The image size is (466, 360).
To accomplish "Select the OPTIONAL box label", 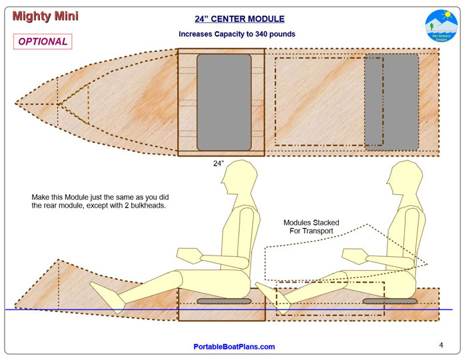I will pos(43,41).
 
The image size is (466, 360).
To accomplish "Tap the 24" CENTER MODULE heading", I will pos(239,19).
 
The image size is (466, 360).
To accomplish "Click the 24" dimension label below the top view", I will pos(218,164).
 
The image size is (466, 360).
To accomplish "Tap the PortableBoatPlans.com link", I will pos(234,347).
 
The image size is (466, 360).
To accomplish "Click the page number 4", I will pos(441,345).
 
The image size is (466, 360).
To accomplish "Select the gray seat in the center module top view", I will pos(224,102).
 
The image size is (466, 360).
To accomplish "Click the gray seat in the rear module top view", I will pos(391,102).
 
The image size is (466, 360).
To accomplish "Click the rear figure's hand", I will pos(352,254).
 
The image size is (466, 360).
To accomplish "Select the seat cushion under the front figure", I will pos(224,301).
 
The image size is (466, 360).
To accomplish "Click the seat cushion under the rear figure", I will pos(389,301).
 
